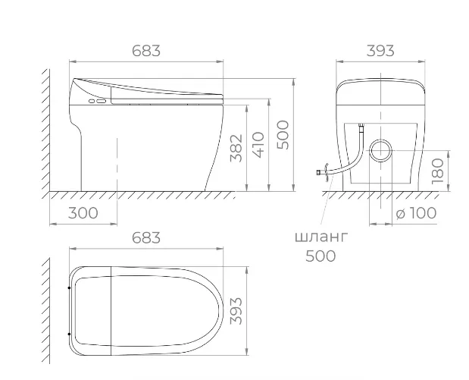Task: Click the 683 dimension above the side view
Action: [x=146, y=51]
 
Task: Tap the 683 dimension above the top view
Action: [x=146, y=237]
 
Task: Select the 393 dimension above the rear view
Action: [x=380, y=51]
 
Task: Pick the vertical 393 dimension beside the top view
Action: [x=236, y=311]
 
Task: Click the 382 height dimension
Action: [x=236, y=148]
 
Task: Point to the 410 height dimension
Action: [x=258, y=145]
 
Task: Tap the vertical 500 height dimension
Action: [x=283, y=135]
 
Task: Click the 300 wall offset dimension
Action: [x=83, y=213]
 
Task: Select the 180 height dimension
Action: [x=438, y=171]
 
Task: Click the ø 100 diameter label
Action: [x=417, y=213]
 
